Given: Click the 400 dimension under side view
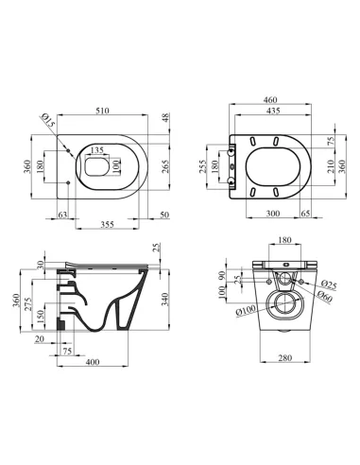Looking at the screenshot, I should pyautogui.click(x=94, y=363).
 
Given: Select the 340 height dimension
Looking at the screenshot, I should pyautogui.click(x=165, y=301).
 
